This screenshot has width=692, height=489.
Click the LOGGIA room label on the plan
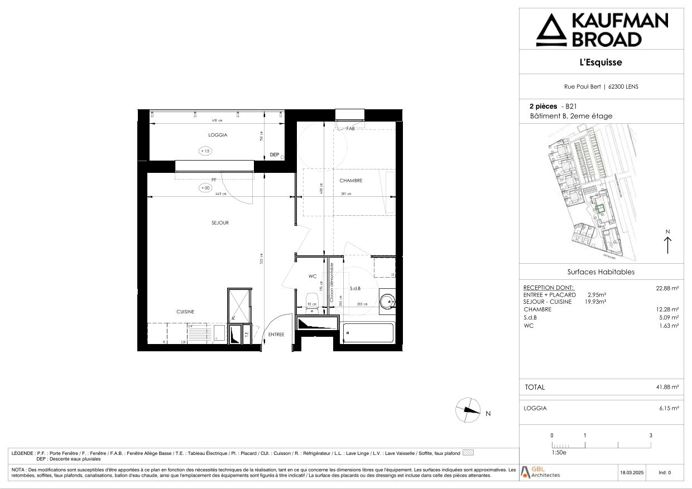218,135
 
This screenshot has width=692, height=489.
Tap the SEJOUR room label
220,223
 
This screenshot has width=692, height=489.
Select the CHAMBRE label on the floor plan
351,181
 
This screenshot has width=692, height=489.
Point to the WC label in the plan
313,276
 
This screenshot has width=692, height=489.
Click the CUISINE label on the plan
186,312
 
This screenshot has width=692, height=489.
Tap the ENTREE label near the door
276,335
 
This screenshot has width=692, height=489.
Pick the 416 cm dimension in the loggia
217,120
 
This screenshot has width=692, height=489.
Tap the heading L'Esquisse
601,62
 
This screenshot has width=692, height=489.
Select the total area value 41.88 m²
667,387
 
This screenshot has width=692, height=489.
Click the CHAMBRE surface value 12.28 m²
667,309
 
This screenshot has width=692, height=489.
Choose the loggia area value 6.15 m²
669,408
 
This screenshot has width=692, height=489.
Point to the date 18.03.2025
631,473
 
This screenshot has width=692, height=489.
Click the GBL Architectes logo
540,472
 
